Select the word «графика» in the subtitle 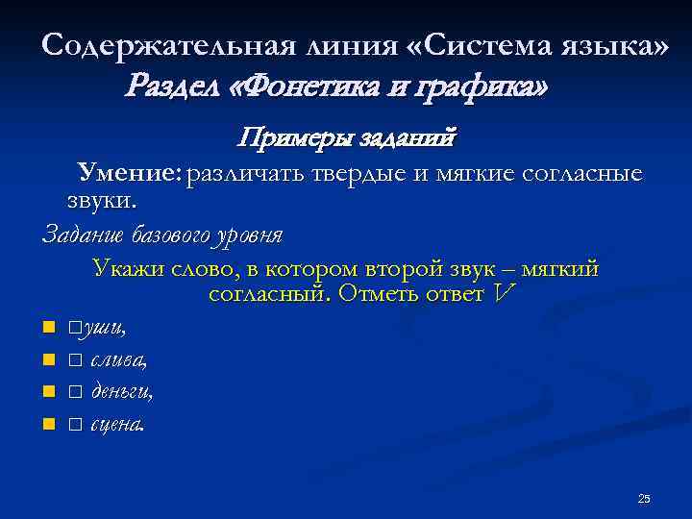coord(482,88)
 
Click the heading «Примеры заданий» coord(347,138)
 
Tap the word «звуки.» coord(102,201)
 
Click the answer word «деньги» coord(120,392)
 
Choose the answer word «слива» coord(117,361)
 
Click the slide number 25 coord(644,498)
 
